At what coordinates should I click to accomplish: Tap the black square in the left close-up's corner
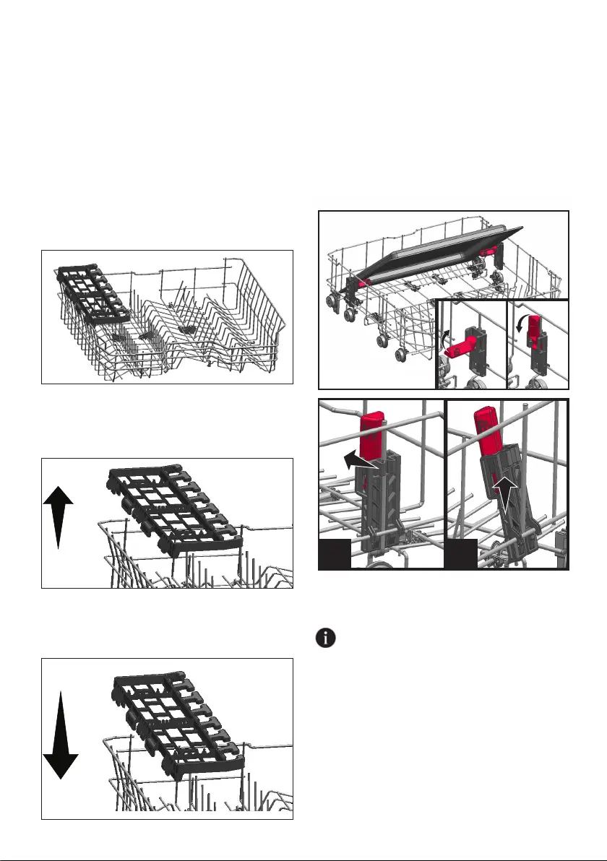[x=335, y=553]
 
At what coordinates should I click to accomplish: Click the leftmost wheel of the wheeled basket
[x=334, y=301]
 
